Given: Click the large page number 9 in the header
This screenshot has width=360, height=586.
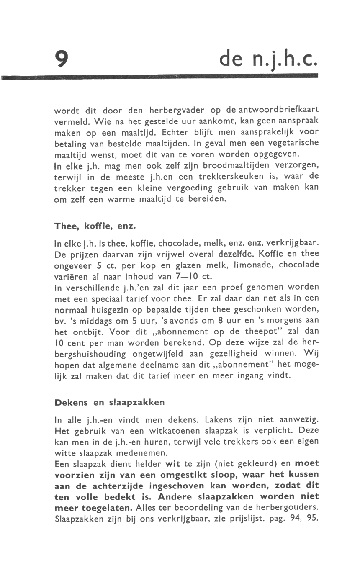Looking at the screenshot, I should (x=61, y=58).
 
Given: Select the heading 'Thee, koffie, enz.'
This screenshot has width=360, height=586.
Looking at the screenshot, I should (x=95, y=226).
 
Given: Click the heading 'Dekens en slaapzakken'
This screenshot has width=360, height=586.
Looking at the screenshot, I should (x=110, y=403).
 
